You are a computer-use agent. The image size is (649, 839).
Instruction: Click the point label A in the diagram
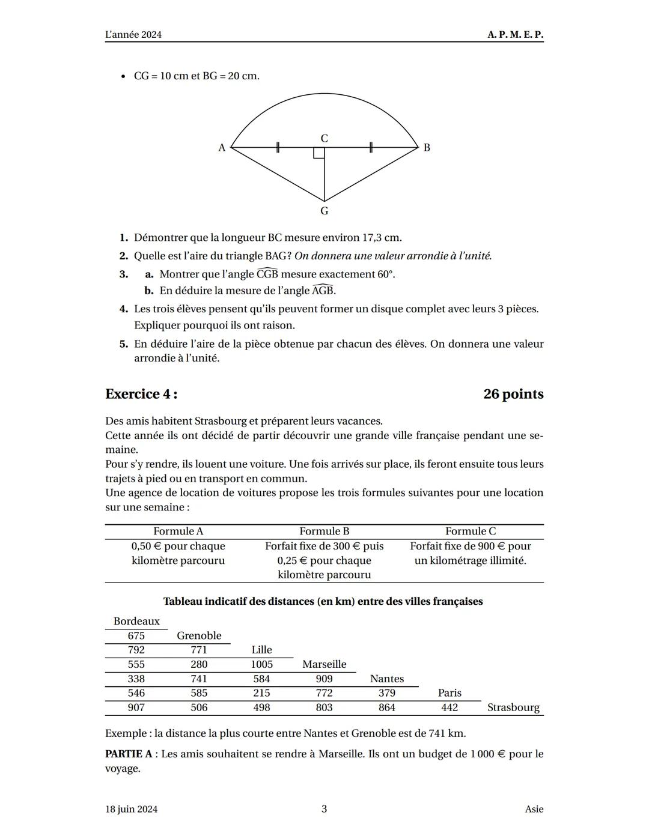[222, 148]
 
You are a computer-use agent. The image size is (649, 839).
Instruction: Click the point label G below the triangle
[324, 211]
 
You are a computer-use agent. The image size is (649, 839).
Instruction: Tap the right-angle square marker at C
[318, 153]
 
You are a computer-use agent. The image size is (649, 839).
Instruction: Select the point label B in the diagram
[427, 148]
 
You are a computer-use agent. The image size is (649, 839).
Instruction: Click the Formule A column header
[178, 531]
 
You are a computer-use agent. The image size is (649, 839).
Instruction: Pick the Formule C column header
[470, 531]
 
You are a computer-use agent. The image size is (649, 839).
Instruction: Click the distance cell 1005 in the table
[261, 664]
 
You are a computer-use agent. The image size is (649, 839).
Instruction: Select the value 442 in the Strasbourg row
[449, 707]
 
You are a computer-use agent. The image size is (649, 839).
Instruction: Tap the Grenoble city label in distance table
[199, 635]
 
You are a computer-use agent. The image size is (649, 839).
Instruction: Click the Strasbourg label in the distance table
[513, 707]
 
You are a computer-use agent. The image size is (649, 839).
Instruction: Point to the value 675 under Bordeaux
[136, 635]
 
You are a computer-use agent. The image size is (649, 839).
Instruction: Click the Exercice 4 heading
[141, 394]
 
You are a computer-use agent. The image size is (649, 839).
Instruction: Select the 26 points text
[513, 394]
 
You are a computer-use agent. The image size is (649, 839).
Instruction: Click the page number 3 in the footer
[324, 809]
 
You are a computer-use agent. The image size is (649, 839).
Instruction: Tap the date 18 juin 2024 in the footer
[131, 809]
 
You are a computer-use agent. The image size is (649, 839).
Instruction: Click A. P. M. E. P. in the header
[515, 35]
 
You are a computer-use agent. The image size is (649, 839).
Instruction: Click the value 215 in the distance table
[261, 693]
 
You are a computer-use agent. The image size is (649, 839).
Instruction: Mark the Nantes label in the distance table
[386, 679]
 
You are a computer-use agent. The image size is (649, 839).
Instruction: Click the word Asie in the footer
[534, 809]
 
